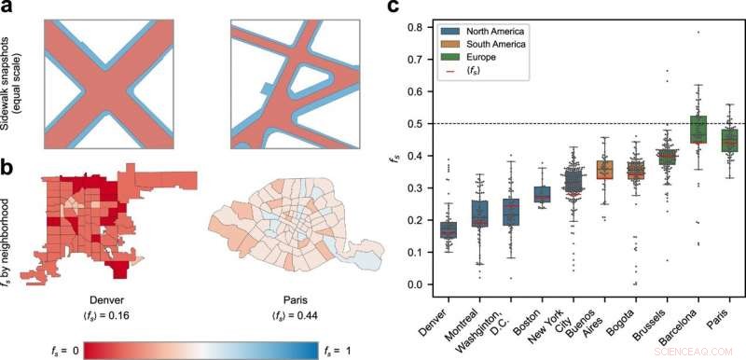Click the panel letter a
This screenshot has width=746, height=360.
pyautogui.click(x=7, y=9)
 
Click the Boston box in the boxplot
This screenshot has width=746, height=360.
pyautogui.click(x=543, y=194)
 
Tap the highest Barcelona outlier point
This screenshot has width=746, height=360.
pyautogui.click(x=698, y=33)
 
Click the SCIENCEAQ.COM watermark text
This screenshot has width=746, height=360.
pyautogui.click(x=704, y=352)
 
